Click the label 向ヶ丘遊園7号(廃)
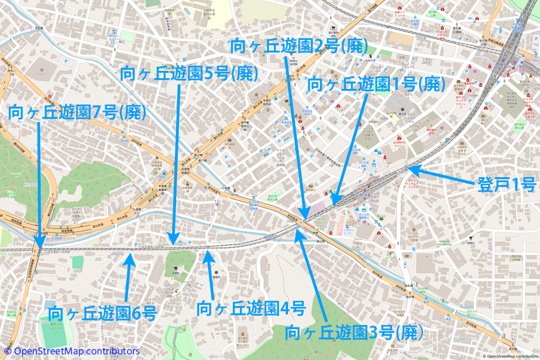(x=78, y=113)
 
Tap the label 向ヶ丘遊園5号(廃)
(x=190, y=74)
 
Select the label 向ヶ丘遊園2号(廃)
(x=299, y=46)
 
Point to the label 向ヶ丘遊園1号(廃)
(x=376, y=84)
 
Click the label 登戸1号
(x=506, y=185)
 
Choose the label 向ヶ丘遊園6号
(x=102, y=313)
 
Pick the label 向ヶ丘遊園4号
(x=251, y=308)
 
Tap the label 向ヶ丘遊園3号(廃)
(x=354, y=332)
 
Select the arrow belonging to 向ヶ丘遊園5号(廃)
(x=176, y=163)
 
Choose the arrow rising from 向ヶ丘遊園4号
(x=210, y=275)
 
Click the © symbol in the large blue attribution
(x=7, y=352)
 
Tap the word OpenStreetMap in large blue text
(x=51, y=352)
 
